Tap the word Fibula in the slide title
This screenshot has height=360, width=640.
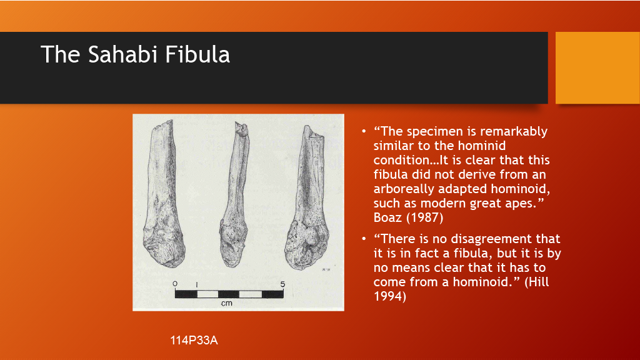point(197,54)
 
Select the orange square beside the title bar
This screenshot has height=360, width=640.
point(597,67)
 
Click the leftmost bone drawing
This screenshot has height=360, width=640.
point(163,194)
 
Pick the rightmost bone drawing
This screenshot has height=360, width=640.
point(307,198)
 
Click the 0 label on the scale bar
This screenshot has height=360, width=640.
point(175,284)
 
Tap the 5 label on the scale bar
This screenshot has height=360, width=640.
point(282,284)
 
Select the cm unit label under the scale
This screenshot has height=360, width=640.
point(226,303)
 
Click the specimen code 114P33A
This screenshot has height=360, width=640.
point(194,341)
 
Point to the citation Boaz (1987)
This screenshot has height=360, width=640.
point(408,217)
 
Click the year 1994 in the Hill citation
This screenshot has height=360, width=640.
point(390,296)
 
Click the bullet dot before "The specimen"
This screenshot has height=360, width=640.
point(364,131)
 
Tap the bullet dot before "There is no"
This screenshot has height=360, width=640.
point(364,239)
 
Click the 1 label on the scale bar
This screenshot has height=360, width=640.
point(197,285)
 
